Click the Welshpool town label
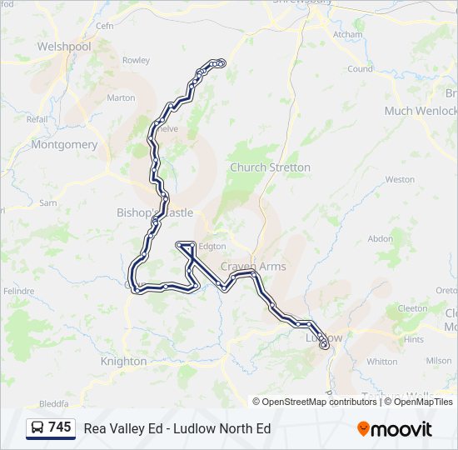point(64,47)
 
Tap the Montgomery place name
point(64,144)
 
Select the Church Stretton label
point(270,167)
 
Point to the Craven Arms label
point(253,267)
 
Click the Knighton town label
point(123,362)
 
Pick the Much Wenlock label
point(421,111)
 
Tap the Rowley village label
point(136,60)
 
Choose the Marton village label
point(121,97)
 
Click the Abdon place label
point(380,238)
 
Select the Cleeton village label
point(412,307)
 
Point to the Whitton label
point(381,362)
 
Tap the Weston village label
point(400,179)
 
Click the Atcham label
point(347,35)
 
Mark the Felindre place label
point(17,291)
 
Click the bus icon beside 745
point(37,427)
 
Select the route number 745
point(60,427)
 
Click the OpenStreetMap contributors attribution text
point(320,402)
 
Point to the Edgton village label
point(212,247)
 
